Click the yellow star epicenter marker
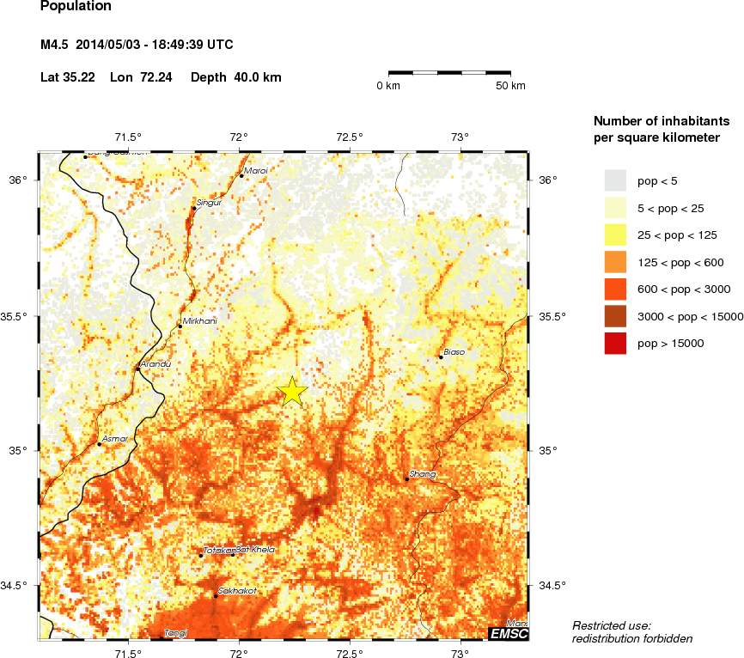[293, 391]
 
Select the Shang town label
[424, 474]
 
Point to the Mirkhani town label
[200, 321]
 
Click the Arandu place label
[157, 364]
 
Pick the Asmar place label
[114, 439]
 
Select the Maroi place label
[256, 171]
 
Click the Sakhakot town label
[237, 591]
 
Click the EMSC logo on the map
[508, 634]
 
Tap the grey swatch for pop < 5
[617, 180]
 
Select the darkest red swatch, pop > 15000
[617, 343]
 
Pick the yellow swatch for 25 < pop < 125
[617, 235]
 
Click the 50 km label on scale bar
[510, 86]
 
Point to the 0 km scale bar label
[388, 86]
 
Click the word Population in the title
[76, 7]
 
